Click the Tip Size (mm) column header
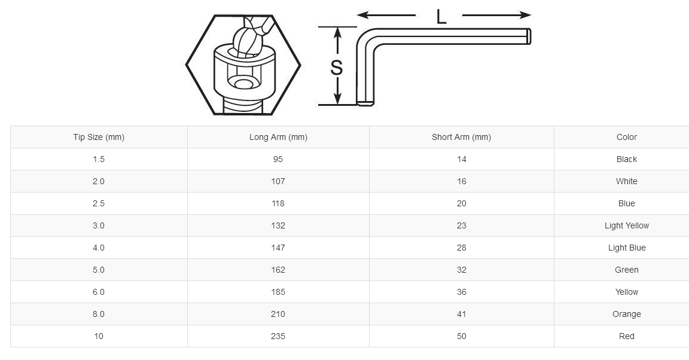point(99,137)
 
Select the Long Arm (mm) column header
point(278,137)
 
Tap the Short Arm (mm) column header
point(461,137)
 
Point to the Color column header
point(626,137)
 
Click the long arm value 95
point(278,159)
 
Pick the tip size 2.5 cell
point(99,203)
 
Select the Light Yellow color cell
point(626,225)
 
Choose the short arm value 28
point(461,248)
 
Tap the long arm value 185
point(278,292)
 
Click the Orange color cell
point(626,314)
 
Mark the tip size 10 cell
point(99,336)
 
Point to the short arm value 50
point(461,336)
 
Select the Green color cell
point(626,270)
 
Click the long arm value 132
point(278,225)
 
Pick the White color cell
point(626,181)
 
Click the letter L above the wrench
point(441,17)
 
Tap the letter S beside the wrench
point(337,68)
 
